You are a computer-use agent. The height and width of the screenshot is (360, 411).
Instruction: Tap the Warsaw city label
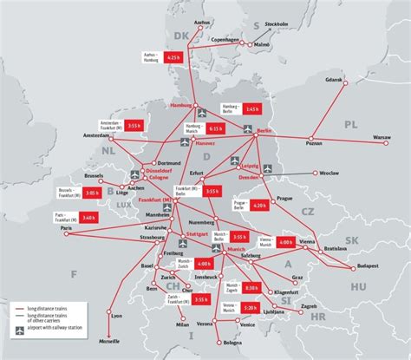pyautogui.click(x=382, y=136)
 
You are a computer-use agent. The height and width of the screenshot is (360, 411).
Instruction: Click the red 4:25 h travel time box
pyautogui.click(x=172, y=57)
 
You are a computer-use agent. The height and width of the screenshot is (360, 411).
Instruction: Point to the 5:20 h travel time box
pyautogui.click(x=251, y=307)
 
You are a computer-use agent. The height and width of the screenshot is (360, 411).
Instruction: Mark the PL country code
pyautogui.click(x=349, y=123)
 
